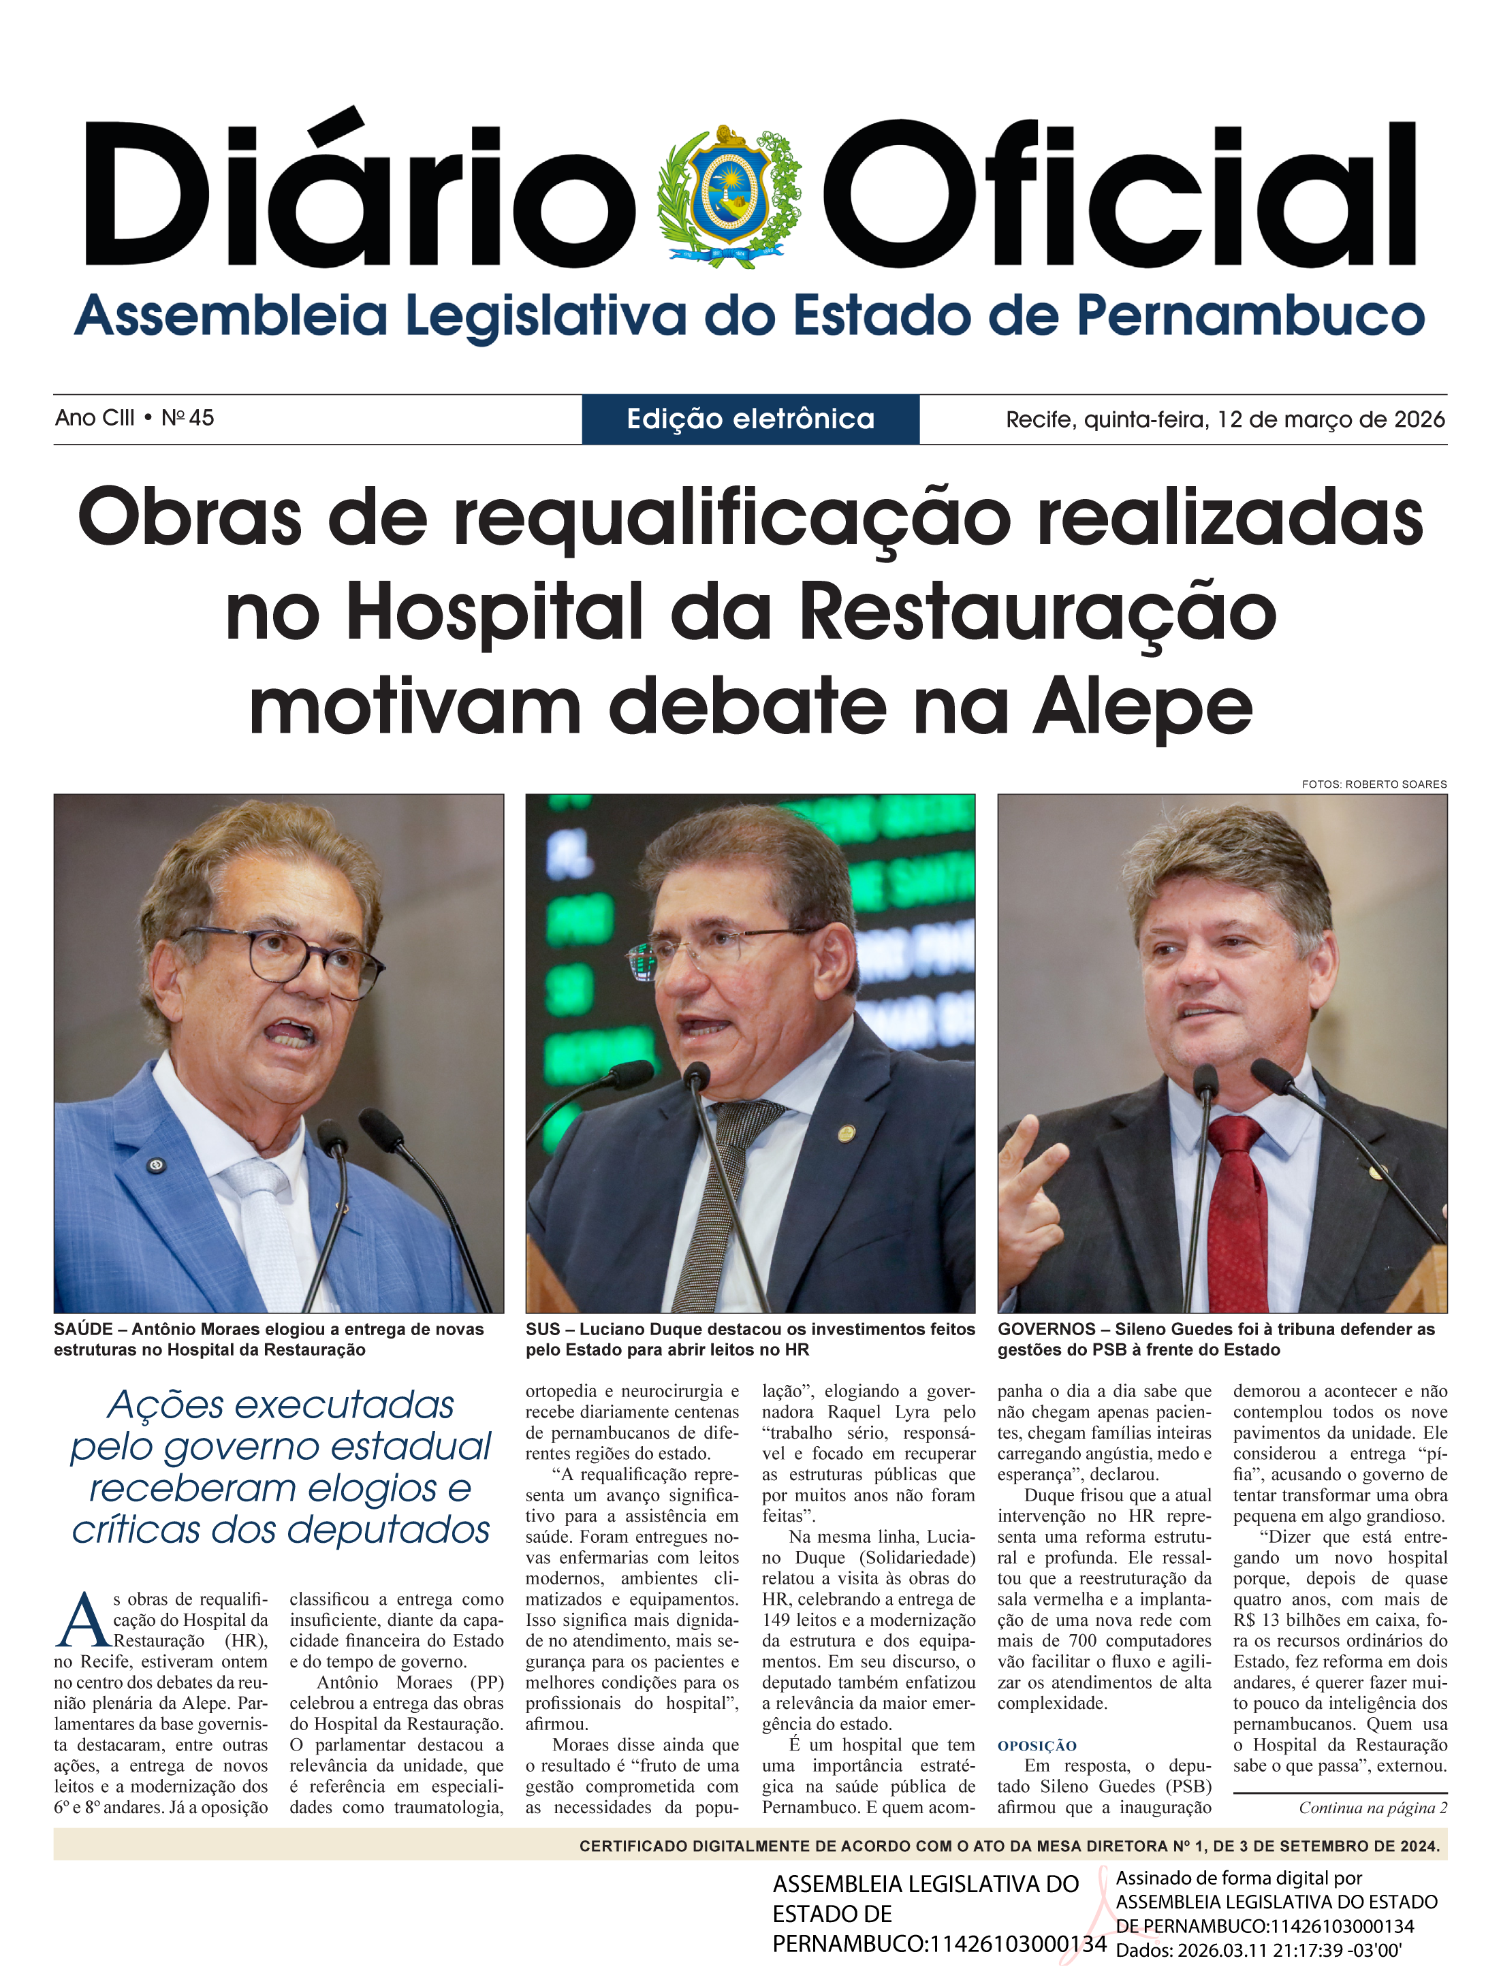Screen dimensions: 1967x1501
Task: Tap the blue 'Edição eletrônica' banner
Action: tap(750, 419)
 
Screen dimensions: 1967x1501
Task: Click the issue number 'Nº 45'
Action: tap(188, 418)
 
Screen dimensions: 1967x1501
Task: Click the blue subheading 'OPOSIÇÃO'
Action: tap(1037, 1746)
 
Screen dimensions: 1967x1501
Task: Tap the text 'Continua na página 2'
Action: tap(1372, 1808)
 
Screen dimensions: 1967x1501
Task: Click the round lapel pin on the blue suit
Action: tap(155, 1165)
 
